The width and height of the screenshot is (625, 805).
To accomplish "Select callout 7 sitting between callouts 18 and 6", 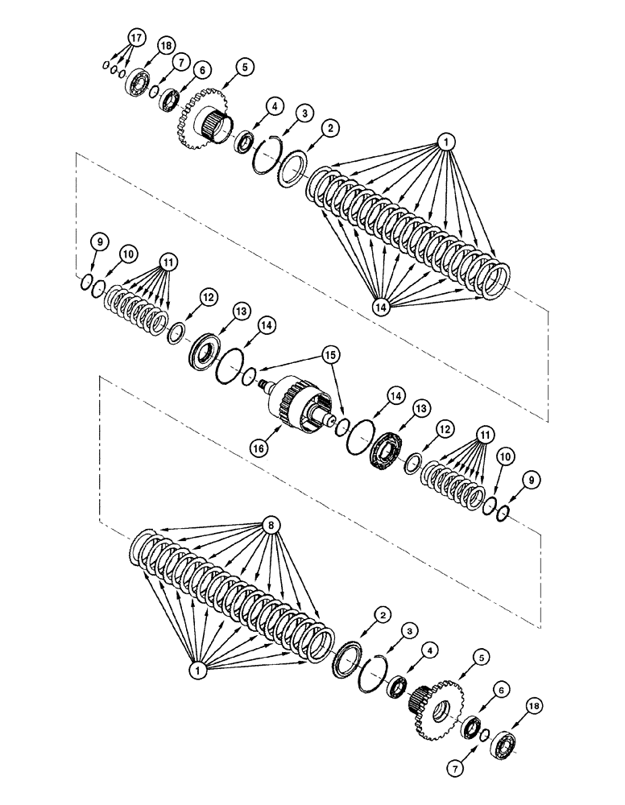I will [x=179, y=61].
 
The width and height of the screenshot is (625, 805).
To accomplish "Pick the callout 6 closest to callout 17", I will [x=201, y=70].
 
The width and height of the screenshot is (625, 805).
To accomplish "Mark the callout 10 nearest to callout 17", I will [x=127, y=254].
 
